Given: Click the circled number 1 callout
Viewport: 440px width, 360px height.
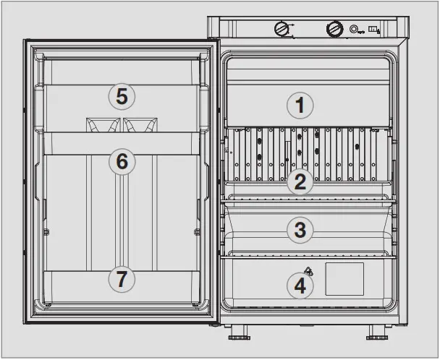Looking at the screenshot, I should coord(300,106).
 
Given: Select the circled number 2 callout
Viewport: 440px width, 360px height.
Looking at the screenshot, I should coord(300,181).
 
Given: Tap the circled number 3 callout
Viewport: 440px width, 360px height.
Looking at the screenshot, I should coord(300,231).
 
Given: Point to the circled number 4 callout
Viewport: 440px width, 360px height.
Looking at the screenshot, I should coord(300,286).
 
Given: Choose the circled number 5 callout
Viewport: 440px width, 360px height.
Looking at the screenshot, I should coord(122,95).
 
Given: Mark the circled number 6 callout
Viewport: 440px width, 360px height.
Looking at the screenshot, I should coord(122,162).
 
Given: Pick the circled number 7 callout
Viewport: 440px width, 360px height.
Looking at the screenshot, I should coord(122,278).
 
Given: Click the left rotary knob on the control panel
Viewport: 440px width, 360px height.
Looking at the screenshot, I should coord(281,29).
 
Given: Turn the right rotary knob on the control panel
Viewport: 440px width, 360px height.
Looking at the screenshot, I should coord(334,29).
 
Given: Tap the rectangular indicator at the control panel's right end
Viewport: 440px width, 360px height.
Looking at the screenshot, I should coord(373,30).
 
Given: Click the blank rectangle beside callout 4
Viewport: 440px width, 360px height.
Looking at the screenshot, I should coord(344,278).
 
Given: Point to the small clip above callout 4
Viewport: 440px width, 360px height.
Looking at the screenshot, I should coord(309,271).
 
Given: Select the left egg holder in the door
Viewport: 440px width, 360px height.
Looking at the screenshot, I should coord(103,124).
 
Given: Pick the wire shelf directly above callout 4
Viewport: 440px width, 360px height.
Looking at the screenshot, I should coord(311,254).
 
